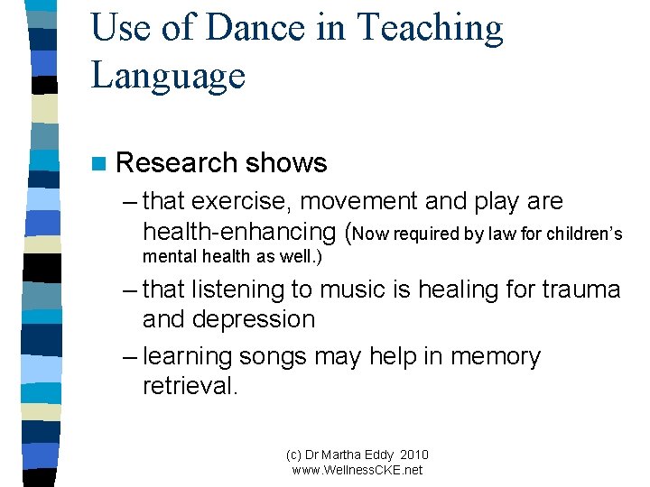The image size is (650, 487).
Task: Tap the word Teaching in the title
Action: pyautogui.click(x=431, y=28)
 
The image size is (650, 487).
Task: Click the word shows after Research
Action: pyautogui.click(x=286, y=163)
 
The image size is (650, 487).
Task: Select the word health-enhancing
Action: pyautogui.click(x=241, y=232)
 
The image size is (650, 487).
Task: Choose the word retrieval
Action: pyautogui.click(x=190, y=386)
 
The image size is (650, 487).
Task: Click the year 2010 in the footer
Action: pyautogui.click(x=412, y=455)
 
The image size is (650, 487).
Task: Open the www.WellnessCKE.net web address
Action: pyautogui.click(x=357, y=470)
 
